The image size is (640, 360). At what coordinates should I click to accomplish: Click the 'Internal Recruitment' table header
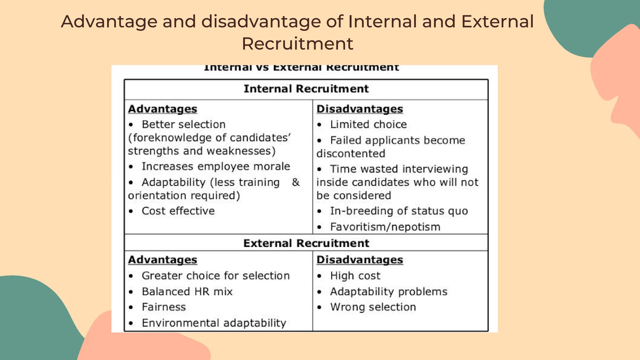pos(306,89)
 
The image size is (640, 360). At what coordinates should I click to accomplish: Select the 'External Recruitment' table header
pos(306,243)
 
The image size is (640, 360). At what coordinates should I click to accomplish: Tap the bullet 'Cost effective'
pos(178,211)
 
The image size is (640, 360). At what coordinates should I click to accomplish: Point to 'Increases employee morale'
pos(216,167)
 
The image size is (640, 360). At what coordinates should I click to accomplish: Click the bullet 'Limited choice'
pos(368,125)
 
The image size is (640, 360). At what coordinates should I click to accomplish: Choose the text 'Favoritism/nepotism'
pos(385,227)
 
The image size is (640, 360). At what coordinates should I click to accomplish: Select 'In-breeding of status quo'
pos(399,211)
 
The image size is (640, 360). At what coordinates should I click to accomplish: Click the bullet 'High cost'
pos(355,276)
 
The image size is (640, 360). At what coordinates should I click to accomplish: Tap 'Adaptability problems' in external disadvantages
pos(389,292)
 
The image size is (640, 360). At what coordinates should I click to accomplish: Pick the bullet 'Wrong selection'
pos(373,307)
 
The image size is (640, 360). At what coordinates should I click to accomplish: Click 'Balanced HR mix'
pos(187,292)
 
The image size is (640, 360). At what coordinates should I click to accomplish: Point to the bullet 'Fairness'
pos(164,307)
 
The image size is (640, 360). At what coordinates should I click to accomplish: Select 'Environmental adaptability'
pos(214,323)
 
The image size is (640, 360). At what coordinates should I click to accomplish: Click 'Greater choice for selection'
pos(216,276)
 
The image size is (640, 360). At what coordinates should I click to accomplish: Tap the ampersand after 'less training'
pos(296,182)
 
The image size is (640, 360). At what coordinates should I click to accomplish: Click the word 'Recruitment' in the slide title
pos(297,43)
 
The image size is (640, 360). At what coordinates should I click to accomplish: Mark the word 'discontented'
pos(351,154)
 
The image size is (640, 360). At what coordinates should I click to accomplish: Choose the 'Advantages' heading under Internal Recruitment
pos(162,109)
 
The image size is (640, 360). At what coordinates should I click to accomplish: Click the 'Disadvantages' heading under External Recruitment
pos(360,260)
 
